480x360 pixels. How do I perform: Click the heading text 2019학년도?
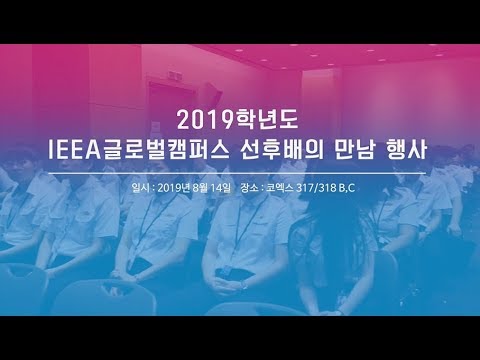239,121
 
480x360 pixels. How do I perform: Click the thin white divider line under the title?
239,173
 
